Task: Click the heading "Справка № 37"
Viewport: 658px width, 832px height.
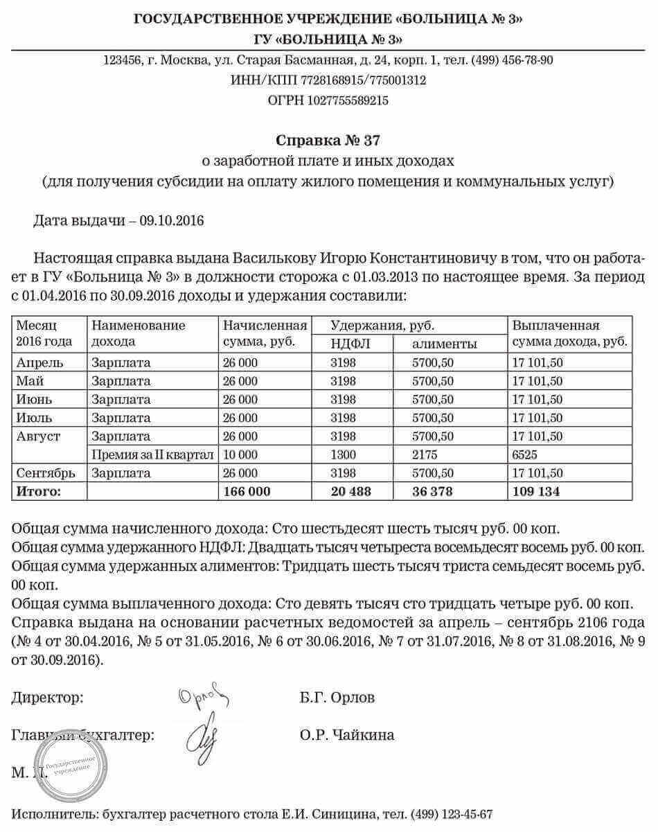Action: (x=328, y=141)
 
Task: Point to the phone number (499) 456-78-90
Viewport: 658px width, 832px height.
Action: (x=513, y=60)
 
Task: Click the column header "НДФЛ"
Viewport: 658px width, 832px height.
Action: (x=344, y=344)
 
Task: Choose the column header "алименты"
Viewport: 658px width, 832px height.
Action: (x=445, y=344)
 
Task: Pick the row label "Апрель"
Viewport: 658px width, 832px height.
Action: (x=41, y=362)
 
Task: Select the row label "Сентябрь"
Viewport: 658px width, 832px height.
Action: (x=46, y=473)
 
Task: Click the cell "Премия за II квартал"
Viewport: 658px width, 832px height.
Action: (x=152, y=455)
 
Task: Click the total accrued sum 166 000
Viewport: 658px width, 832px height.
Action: (x=246, y=492)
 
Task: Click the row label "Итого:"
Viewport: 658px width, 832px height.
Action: (x=39, y=492)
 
